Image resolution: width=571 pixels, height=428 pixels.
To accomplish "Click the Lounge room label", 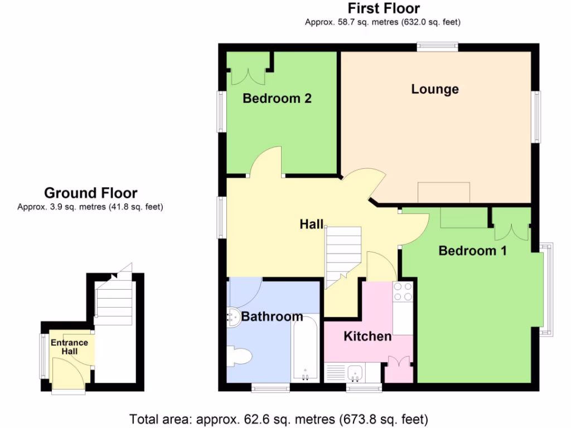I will [435, 89].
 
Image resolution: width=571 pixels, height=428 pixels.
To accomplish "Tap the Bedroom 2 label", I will [277, 99].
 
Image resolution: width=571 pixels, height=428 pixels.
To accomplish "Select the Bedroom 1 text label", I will [472, 251].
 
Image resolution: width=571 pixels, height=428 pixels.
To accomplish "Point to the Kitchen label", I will [367, 337].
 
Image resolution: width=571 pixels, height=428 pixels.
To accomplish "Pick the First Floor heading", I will [384, 8].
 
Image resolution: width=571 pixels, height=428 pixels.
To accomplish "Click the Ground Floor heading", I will [90, 193].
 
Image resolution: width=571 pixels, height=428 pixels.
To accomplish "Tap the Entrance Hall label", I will [70, 347].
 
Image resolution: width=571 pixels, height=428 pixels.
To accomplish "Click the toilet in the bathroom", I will [240, 355].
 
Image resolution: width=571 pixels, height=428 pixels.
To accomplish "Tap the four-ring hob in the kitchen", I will [403, 290].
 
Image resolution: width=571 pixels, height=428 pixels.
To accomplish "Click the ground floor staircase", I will [114, 304].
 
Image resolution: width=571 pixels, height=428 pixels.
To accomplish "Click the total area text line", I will [279, 418].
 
